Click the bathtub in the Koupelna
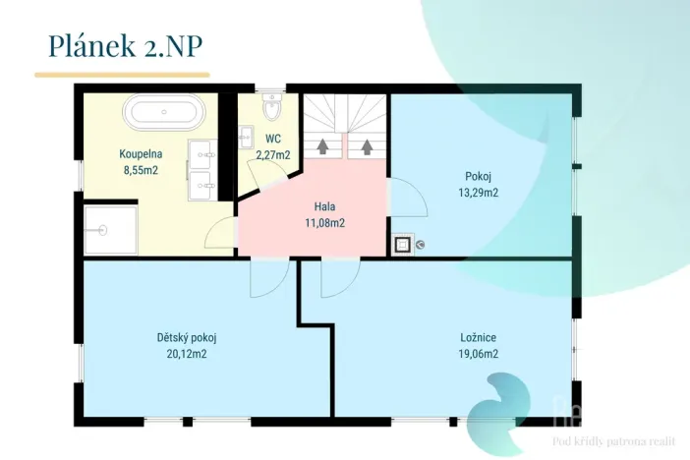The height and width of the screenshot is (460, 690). pos(165,112)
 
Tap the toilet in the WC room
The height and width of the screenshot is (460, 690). pos(271,105)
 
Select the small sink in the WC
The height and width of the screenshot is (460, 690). pos(246,138)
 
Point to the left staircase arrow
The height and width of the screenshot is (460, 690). pos(322,146)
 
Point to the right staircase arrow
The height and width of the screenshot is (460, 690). pos(367,146)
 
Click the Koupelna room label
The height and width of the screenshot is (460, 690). pos(141,154)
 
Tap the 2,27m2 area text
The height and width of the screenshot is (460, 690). pos(273,155)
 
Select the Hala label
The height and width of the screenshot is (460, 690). pos(324,206)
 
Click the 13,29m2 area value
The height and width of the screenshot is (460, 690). pos(479,193)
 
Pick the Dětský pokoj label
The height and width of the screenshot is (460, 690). pos(187,338)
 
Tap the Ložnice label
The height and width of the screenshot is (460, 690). pos(479,337)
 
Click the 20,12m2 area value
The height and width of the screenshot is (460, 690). pos(187,354)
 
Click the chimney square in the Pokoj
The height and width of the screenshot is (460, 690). pos(402,244)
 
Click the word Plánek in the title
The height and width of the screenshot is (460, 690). pos(92,45)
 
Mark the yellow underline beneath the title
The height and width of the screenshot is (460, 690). pos(122,75)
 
